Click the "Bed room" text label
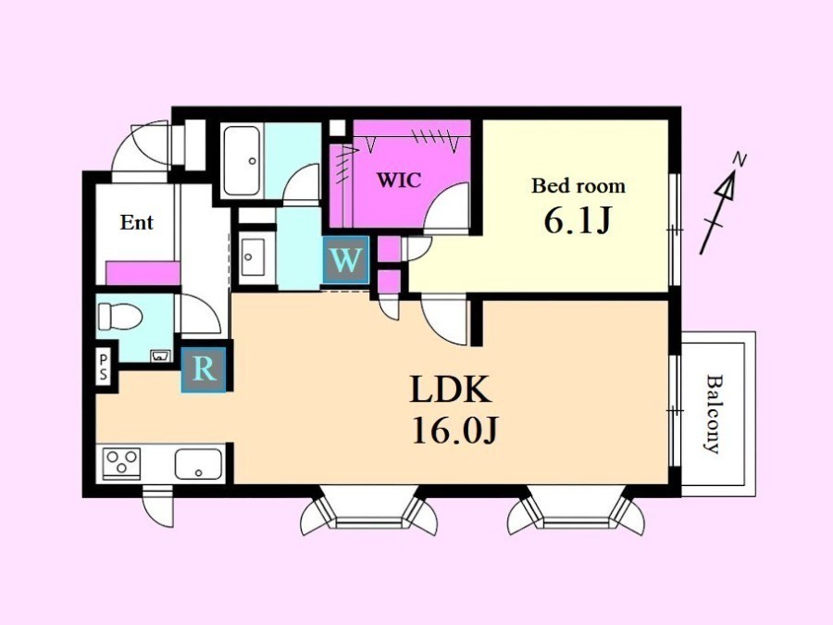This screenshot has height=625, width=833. click(x=578, y=185)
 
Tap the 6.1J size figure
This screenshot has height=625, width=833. click(x=578, y=220)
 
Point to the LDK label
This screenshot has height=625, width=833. click(x=450, y=390)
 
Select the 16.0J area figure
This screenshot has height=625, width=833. click(x=454, y=430)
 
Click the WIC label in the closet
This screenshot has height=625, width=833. click(x=398, y=181)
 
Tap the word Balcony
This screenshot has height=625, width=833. click(x=715, y=414)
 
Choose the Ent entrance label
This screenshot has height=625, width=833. click(x=137, y=222)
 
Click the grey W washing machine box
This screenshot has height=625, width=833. click(x=345, y=260)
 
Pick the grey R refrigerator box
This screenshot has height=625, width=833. click(x=204, y=369)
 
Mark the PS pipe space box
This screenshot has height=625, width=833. click(x=104, y=368)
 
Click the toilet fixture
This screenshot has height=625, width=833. click(x=120, y=317)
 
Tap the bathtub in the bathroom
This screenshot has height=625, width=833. click(x=242, y=160)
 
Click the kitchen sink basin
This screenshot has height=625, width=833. click(x=198, y=464)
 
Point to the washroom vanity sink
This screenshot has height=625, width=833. click(x=252, y=257)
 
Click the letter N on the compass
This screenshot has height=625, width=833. click(x=739, y=158)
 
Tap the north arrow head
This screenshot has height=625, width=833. click(x=727, y=185)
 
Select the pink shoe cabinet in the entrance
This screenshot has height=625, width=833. click(x=143, y=273)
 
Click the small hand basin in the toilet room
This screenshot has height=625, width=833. click(x=160, y=356)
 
